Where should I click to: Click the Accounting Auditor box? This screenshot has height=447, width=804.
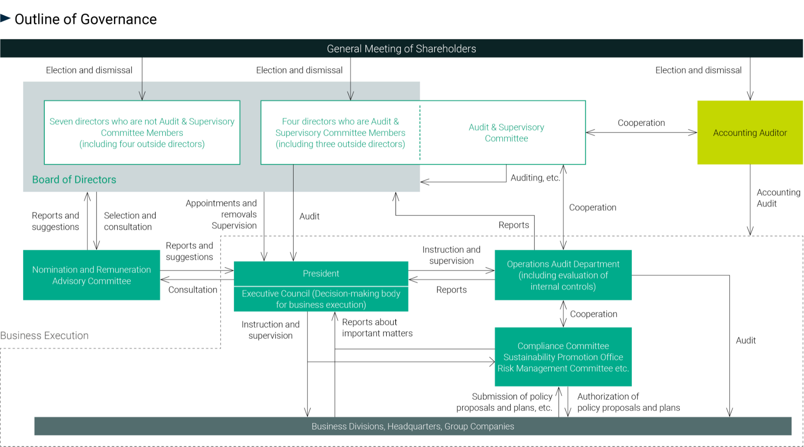[750, 132]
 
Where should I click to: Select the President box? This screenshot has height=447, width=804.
[321, 274]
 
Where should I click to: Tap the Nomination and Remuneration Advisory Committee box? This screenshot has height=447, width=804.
[91, 275]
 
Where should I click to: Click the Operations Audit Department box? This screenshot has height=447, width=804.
[563, 275]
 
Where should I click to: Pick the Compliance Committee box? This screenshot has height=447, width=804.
[563, 357]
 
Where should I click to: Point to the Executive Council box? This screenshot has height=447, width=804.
[321, 299]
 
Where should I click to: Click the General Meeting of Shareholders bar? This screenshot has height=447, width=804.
[401, 49]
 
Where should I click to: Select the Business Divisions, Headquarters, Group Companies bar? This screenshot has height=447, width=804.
[413, 426]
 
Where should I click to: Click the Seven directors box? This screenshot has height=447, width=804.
[142, 132]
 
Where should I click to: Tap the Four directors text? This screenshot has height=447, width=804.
[340, 132]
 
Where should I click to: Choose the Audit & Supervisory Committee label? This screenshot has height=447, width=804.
[506, 132]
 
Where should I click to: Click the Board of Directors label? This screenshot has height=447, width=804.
[74, 179]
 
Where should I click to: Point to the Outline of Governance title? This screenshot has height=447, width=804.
[86, 19]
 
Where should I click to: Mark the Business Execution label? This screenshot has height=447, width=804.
[44, 335]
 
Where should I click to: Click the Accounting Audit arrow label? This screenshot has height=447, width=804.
[777, 198]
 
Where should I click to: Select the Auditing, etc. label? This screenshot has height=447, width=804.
[535, 178]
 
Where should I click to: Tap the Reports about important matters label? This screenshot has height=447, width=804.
[377, 328]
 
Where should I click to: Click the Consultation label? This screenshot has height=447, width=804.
[193, 290]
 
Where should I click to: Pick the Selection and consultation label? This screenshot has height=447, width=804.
[129, 221]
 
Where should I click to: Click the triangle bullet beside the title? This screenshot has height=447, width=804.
[5, 18]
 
